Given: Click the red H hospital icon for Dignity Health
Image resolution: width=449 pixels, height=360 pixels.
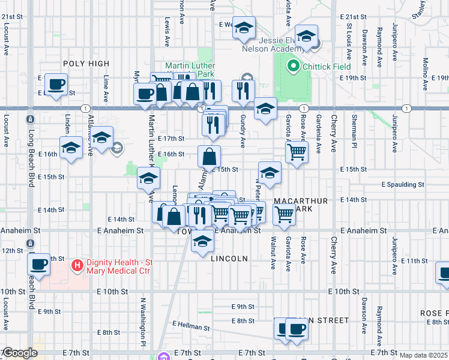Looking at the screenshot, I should click(77, 265).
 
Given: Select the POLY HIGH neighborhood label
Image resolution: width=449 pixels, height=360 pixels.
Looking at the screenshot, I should click(85, 64).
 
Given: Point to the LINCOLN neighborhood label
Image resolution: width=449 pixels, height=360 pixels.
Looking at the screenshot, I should click(229, 259).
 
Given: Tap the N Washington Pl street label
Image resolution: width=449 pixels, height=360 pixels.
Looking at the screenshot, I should click(143, 317).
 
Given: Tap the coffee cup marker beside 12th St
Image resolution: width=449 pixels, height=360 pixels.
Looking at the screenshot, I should click(40, 263).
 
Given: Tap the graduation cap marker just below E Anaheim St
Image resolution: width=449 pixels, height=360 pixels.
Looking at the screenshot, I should click(203, 241).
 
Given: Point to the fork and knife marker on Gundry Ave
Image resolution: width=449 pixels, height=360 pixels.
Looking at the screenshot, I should click(243, 90).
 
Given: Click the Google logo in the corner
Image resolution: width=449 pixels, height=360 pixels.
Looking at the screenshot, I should click(19, 353).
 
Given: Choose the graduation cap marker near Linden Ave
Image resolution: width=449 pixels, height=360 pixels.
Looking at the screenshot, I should click(71, 148).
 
